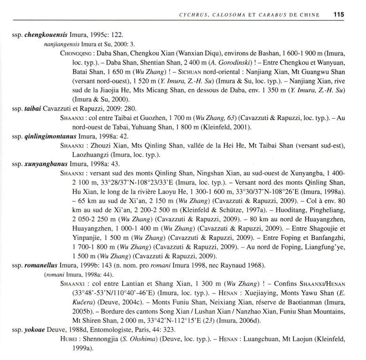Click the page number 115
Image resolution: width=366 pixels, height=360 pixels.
click(339, 15)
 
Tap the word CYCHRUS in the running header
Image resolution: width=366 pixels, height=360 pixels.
click(193, 15)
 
